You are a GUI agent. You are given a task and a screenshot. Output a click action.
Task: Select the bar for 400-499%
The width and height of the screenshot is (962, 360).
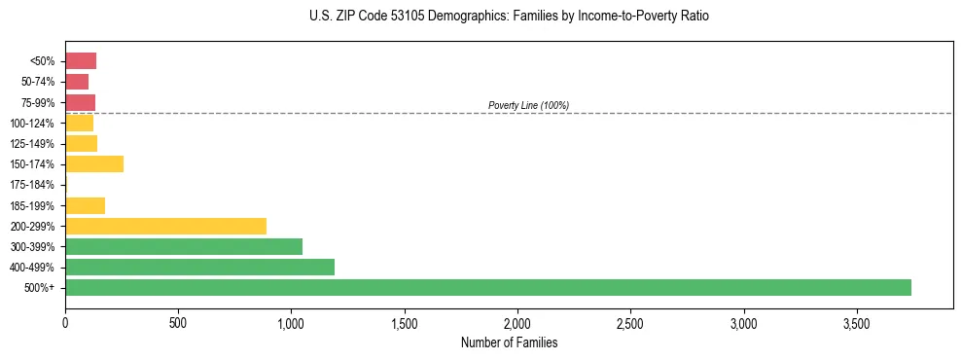pos(199,267)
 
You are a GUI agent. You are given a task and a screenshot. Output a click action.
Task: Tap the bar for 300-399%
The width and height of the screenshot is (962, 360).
pos(184,246)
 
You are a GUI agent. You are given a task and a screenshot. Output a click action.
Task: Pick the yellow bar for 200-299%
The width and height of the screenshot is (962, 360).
pos(165,226)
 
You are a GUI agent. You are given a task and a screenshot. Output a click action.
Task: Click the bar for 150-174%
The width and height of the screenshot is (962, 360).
pos(94,163)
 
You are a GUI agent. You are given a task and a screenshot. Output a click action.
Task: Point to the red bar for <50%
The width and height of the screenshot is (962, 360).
pos(81,61)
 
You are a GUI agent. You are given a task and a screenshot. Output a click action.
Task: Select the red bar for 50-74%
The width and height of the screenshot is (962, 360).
pos(77,82)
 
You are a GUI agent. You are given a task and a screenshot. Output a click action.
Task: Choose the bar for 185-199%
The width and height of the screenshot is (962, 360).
pos(85,205)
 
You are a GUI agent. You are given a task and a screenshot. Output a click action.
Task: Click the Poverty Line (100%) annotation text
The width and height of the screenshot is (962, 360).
pos(528,105)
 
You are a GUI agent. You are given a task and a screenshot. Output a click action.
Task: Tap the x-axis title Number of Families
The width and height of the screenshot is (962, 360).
pos(509,342)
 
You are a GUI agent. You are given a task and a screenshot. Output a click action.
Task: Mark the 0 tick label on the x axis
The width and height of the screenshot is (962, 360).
pos(65,321)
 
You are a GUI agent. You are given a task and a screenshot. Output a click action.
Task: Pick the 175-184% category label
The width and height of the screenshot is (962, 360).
pos(32,185)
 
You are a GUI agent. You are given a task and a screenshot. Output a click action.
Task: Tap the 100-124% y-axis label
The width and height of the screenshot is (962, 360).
pos(32,124)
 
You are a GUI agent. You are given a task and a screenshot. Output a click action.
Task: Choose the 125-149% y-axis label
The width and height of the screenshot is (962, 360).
pos(32,144)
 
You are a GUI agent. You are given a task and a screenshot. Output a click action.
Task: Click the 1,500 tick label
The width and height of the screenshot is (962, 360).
pos(405,321)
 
